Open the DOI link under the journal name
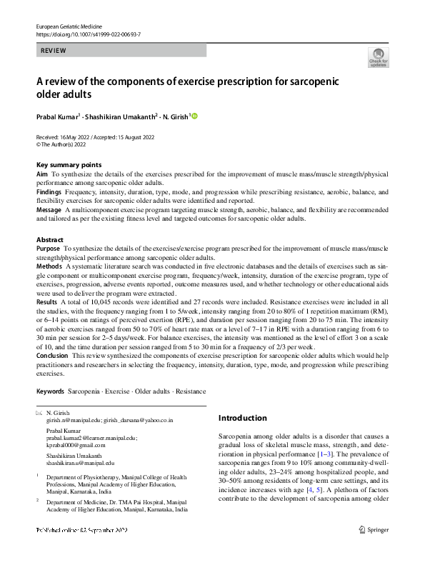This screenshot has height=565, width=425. [86, 34]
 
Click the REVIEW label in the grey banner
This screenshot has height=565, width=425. [55, 51]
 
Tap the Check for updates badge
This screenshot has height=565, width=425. [378, 57]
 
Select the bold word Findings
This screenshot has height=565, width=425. [49, 192]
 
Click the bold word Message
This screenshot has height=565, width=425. [49, 210]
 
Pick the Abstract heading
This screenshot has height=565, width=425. [50, 240]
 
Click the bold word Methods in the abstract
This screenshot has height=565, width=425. [49, 266]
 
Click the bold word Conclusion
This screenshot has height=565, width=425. [53, 355]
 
